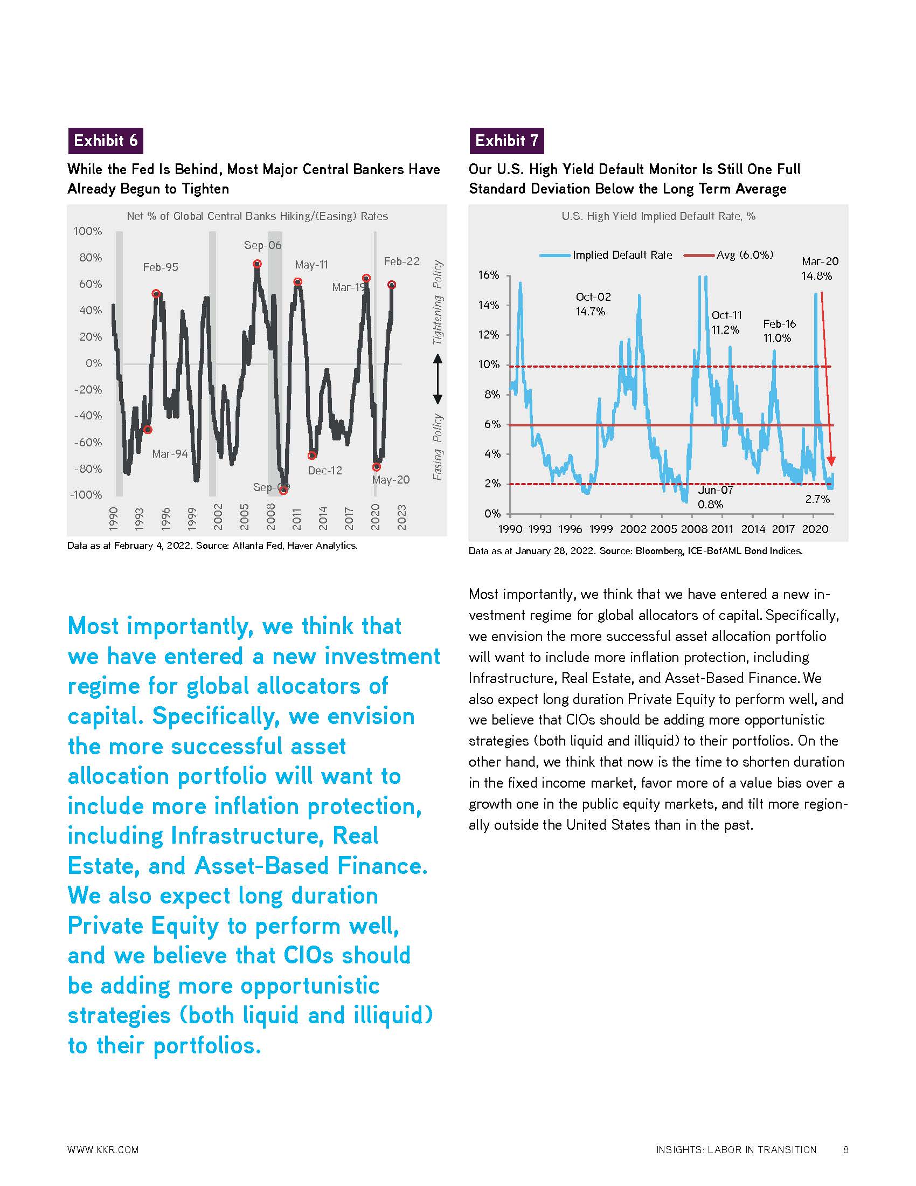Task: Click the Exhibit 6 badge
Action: (105, 141)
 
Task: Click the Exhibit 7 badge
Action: (506, 141)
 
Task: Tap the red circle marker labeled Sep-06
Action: (257, 264)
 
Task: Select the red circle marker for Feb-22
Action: (392, 285)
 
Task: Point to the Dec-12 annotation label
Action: (324, 471)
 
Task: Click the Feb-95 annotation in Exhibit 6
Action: (160, 267)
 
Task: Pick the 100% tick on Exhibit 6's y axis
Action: (87, 231)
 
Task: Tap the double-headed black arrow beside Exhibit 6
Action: (438, 379)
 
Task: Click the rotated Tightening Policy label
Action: (438, 302)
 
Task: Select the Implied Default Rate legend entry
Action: (622, 255)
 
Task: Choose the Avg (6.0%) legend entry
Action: (745, 255)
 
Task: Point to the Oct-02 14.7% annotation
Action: (593, 304)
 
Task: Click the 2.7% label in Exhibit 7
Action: (817, 499)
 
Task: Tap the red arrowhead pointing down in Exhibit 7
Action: (832, 461)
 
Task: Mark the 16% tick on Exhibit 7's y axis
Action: (488, 275)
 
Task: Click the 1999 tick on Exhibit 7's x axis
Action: (601, 529)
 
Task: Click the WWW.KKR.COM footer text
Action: (103, 1150)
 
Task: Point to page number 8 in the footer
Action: (845, 1150)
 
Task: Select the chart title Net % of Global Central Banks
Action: (257, 216)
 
